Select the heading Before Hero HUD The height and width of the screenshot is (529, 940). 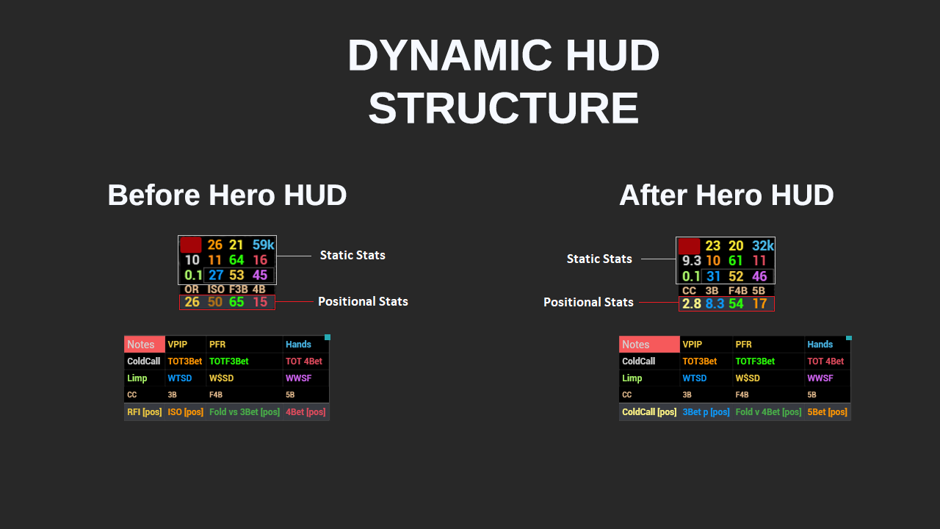(x=227, y=195)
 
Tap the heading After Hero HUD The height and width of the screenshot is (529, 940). (x=726, y=195)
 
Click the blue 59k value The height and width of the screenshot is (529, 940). (x=263, y=245)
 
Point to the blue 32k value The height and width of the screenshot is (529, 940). (x=763, y=246)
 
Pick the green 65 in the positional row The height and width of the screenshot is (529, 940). (x=236, y=302)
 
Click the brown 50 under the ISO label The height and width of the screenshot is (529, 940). (x=215, y=302)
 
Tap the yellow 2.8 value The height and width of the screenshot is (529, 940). (x=691, y=303)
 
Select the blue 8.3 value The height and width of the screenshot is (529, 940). (x=715, y=303)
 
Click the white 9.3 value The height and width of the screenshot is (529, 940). (x=691, y=261)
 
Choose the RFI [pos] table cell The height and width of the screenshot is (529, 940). (x=144, y=412)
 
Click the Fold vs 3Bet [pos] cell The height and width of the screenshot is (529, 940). (x=245, y=412)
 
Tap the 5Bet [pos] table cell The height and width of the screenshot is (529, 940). (x=827, y=412)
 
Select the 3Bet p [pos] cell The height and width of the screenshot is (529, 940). (x=706, y=412)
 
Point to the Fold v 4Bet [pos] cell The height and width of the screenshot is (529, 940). (x=768, y=412)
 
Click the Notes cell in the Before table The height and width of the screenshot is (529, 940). (x=144, y=344)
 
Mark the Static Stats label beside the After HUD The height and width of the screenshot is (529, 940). (x=599, y=259)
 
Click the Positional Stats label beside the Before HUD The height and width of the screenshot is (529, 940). (x=363, y=301)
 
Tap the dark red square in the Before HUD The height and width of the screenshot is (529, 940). (x=191, y=245)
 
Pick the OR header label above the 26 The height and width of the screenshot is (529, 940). (x=192, y=289)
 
